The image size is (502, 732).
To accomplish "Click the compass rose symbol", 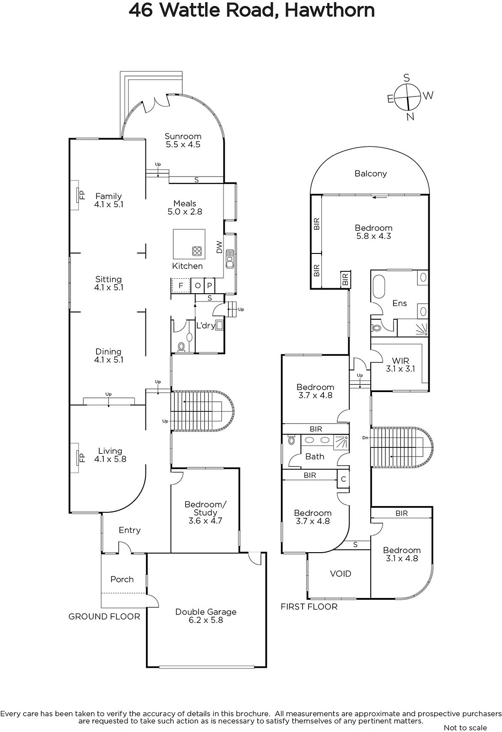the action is pyautogui.click(x=408, y=97).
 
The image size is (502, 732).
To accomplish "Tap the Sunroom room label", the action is pyautogui.click(x=183, y=140).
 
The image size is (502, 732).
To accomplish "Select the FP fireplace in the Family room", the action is pyautogui.click(x=77, y=195).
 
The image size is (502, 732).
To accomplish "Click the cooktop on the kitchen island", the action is pyautogui.click(x=197, y=251).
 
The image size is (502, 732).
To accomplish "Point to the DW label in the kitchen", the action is pyautogui.click(x=219, y=247).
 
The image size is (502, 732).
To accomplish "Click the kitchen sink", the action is pyautogui.click(x=230, y=258).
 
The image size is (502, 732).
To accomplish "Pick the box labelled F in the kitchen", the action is pyautogui.click(x=181, y=285).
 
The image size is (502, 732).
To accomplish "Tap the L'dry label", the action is pyautogui.click(x=205, y=325).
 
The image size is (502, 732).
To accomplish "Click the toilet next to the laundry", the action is pyautogui.click(x=181, y=346).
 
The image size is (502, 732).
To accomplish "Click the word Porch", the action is pyautogui.click(x=122, y=579).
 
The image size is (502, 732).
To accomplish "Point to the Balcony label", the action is pyautogui.click(x=371, y=173).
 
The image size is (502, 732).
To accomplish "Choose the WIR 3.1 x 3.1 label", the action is pyautogui.click(x=400, y=365).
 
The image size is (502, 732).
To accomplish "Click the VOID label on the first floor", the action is pyautogui.click(x=340, y=574).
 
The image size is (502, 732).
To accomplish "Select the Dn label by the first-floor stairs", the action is pyautogui.click(x=365, y=437).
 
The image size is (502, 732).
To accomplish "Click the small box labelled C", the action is pyautogui.click(x=343, y=479).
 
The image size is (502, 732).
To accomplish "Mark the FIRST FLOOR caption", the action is pyautogui.click(x=309, y=607).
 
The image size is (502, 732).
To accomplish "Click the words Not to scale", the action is pyautogui.click(x=465, y=727).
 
